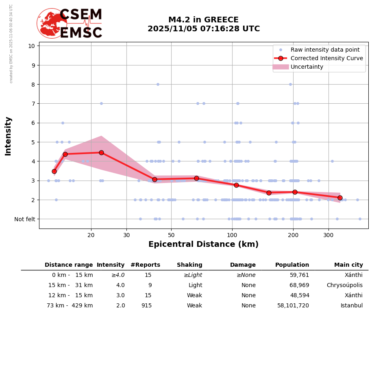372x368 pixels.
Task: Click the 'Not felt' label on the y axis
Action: (25, 219)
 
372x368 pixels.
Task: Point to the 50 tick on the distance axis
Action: (171, 235)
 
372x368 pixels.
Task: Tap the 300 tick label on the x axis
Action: (328, 235)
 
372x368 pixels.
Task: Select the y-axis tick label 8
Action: (31, 84)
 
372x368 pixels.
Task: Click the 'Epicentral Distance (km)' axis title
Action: (203, 244)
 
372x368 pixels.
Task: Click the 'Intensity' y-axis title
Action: (8, 136)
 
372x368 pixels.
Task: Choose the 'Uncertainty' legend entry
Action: (307, 67)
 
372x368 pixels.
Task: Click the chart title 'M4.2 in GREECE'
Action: (203, 20)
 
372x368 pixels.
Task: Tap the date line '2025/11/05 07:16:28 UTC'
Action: (203, 29)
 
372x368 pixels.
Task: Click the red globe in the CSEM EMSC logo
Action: (52, 23)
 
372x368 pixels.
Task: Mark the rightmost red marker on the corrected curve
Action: (340, 198)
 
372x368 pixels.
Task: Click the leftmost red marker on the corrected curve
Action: (54, 172)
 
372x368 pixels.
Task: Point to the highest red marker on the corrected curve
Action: (101, 152)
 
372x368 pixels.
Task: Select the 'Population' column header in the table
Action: (292, 265)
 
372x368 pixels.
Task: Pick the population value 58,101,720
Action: (293, 306)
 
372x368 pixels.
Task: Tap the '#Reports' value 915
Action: (146, 306)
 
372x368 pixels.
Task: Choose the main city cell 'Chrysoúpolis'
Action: (344, 285)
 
